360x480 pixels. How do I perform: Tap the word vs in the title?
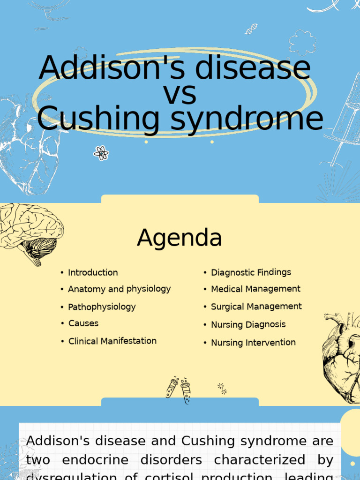tap(180, 94)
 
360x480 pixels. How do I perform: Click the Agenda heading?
tap(180, 238)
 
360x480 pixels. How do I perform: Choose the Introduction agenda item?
tap(93, 272)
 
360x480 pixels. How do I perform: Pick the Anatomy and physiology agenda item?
tap(119, 289)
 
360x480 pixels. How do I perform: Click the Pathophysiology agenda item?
tap(102, 307)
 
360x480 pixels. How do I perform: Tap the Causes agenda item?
tap(83, 323)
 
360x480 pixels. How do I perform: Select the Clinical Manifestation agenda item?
tap(112, 341)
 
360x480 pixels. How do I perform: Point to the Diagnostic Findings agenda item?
tap(251, 272)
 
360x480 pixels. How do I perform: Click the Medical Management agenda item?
tap(255, 289)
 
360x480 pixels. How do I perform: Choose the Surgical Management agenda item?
tap(256, 307)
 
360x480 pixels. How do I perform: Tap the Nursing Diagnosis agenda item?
tap(248, 324)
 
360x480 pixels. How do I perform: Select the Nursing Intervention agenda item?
tap(253, 343)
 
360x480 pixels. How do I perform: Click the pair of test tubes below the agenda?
tap(179, 389)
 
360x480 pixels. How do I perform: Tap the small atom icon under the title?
tap(101, 153)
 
